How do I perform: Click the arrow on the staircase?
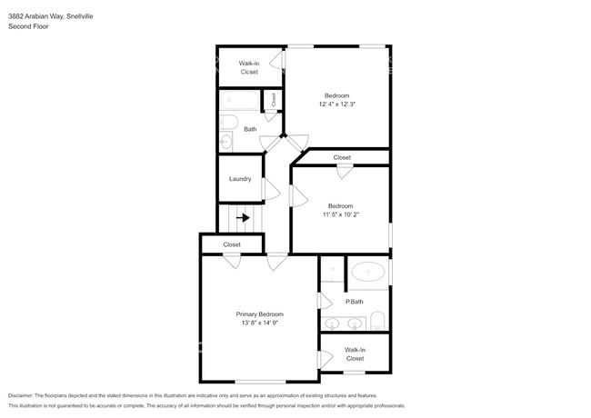[243, 218]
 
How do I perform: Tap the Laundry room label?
[240, 179]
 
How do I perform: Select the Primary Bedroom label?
[260, 314]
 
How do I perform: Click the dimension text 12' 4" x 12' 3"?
[337, 104]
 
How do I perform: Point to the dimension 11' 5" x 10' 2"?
[341, 214]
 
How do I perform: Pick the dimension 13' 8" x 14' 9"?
[260, 323]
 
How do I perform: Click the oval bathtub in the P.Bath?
[368, 272]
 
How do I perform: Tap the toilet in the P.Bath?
[377, 321]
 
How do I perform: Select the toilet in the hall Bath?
[229, 122]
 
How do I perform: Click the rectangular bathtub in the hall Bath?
[240, 100]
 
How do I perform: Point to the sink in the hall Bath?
[225, 142]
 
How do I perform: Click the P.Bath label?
[355, 302]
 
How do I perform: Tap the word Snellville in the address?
[80, 16]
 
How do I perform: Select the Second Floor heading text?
[29, 26]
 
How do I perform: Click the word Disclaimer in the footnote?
[21, 395]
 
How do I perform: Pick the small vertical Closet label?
[274, 99]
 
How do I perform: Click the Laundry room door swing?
[272, 189]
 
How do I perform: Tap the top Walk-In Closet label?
[249, 67]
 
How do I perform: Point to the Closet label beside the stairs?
[232, 244]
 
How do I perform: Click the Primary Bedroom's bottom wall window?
[260, 382]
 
